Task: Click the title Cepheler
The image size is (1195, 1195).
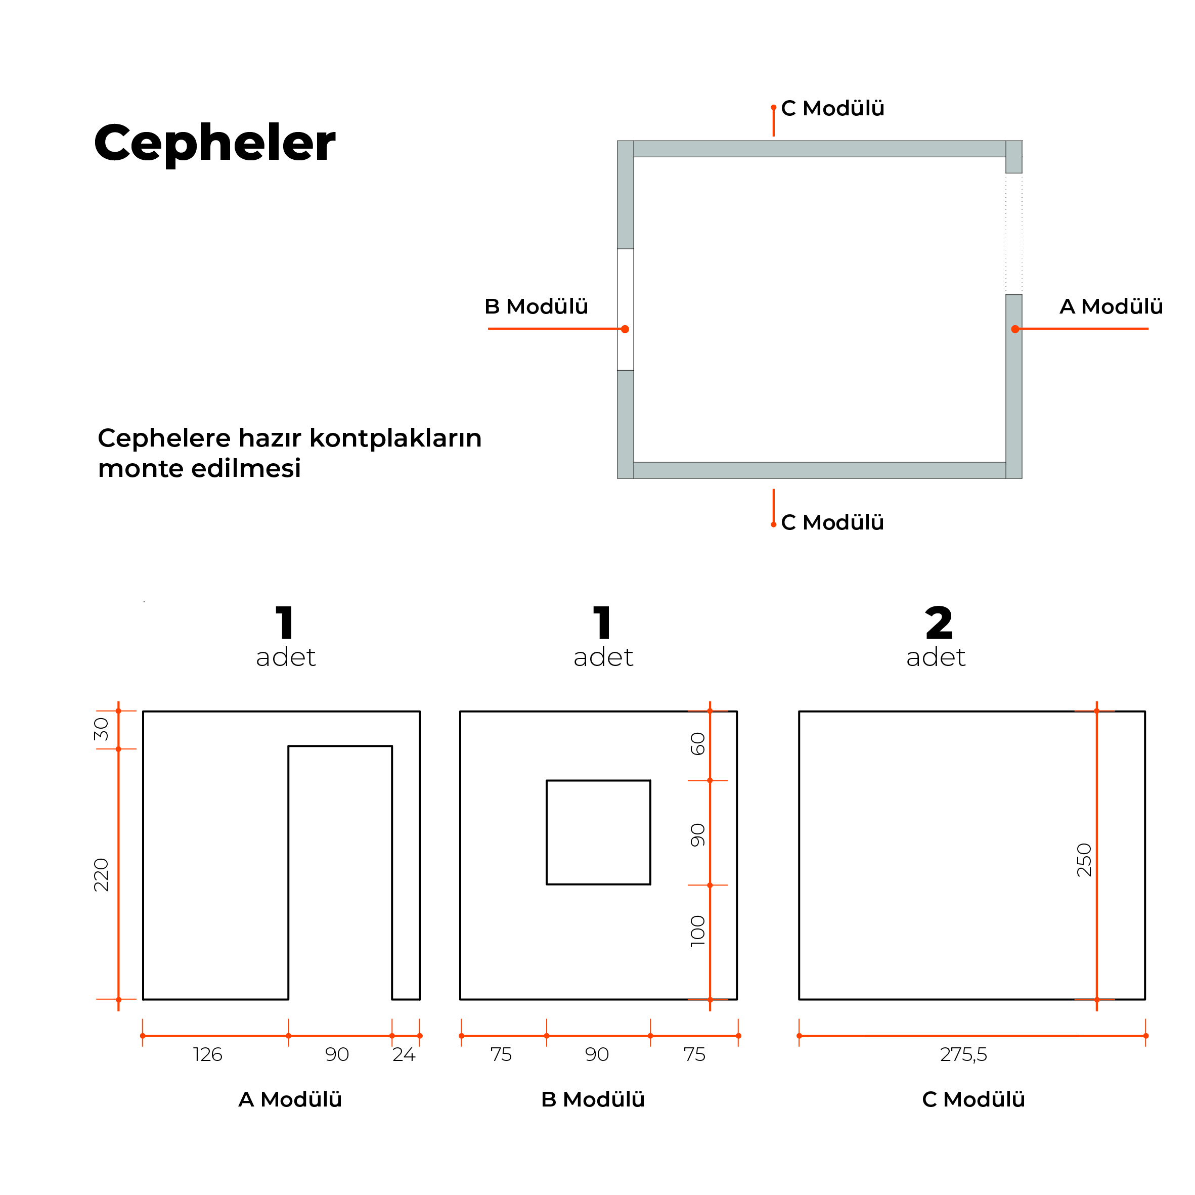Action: click(214, 143)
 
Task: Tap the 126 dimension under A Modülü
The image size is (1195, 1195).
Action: click(207, 1054)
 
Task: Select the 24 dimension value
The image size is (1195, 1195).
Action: click(404, 1054)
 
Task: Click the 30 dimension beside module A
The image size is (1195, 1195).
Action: click(101, 729)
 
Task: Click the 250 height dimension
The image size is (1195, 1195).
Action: click(1084, 860)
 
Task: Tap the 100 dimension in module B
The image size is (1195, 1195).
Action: click(698, 931)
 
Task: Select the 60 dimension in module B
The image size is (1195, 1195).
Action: click(698, 743)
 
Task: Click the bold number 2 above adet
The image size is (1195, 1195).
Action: click(939, 623)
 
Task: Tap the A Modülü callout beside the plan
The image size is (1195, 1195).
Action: click(1111, 306)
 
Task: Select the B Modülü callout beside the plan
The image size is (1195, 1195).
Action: click(536, 306)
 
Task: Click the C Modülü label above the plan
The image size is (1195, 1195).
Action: click(832, 108)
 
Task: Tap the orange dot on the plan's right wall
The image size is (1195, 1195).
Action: click(1015, 329)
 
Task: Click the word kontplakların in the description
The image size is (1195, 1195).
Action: click(395, 438)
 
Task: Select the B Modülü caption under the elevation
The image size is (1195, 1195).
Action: click(593, 1099)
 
